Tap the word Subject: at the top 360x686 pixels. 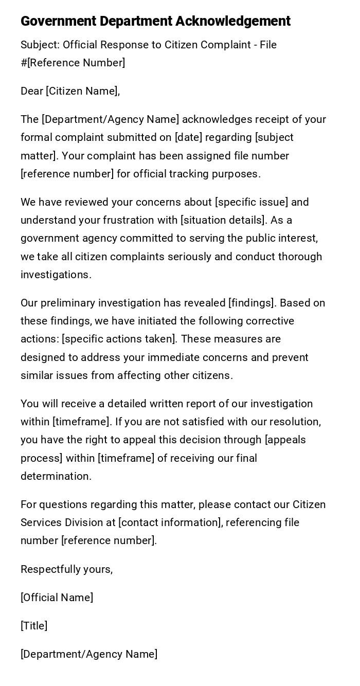[40, 45]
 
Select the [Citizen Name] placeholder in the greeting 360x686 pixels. [82, 91]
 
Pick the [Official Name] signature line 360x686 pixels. [57, 598]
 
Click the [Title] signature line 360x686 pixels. [34, 626]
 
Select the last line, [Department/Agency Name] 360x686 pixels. [89, 654]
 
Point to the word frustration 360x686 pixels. [135, 220]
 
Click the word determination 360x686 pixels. [56, 476]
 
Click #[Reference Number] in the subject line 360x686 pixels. [73, 63]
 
